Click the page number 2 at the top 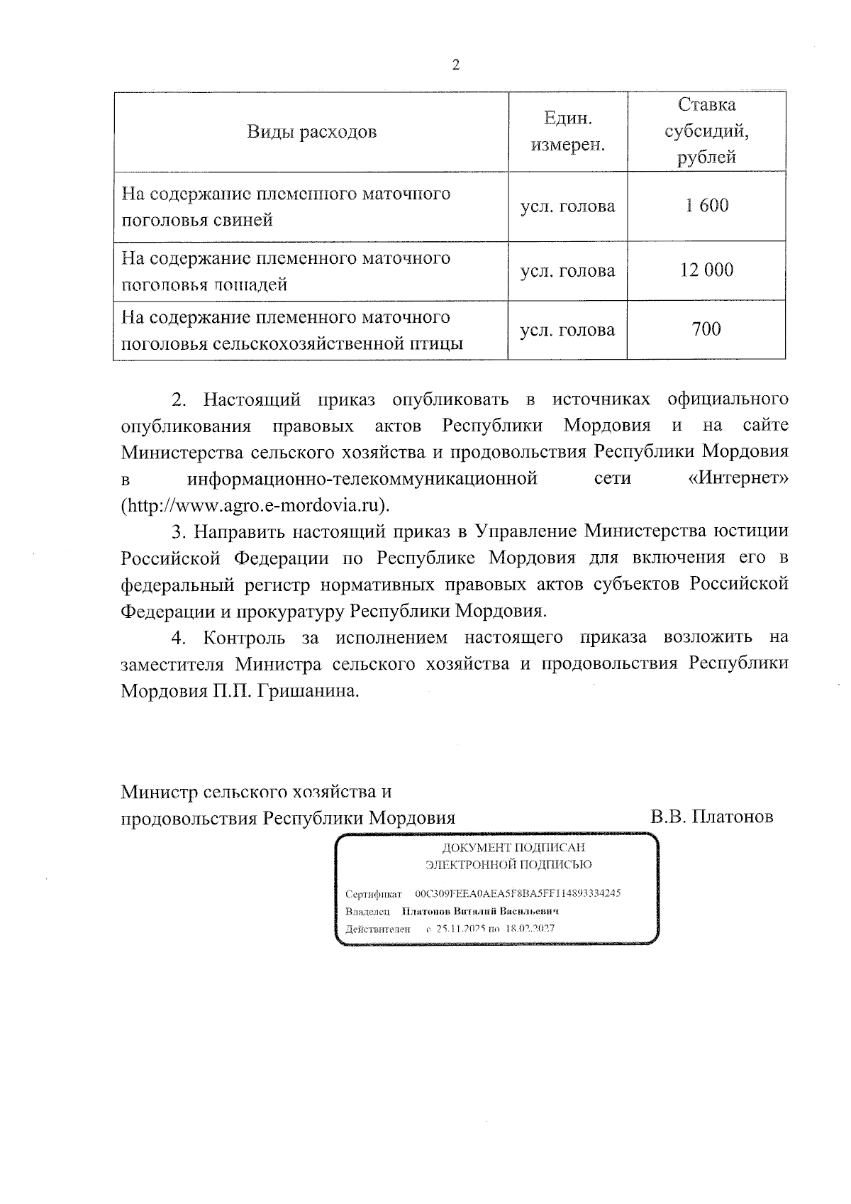[x=456, y=65]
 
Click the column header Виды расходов [x=311, y=132]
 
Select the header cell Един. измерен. [x=567, y=132]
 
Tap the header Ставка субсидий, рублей [x=706, y=131]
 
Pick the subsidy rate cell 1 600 [x=706, y=206]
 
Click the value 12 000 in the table [x=706, y=270]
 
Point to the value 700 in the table [x=706, y=329]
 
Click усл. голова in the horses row [x=567, y=270]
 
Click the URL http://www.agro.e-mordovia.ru [x=255, y=506]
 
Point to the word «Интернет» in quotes [x=738, y=479]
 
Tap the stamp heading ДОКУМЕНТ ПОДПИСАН [x=513, y=847]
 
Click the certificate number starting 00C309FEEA [x=518, y=893]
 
